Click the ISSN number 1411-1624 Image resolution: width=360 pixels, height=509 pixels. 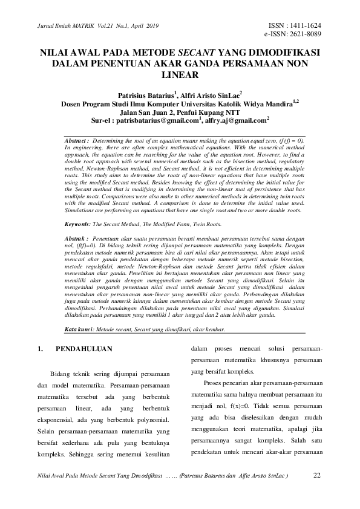(303, 25)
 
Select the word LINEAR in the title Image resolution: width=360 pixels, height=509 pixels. (180, 75)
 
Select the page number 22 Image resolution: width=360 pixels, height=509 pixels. (316, 475)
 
